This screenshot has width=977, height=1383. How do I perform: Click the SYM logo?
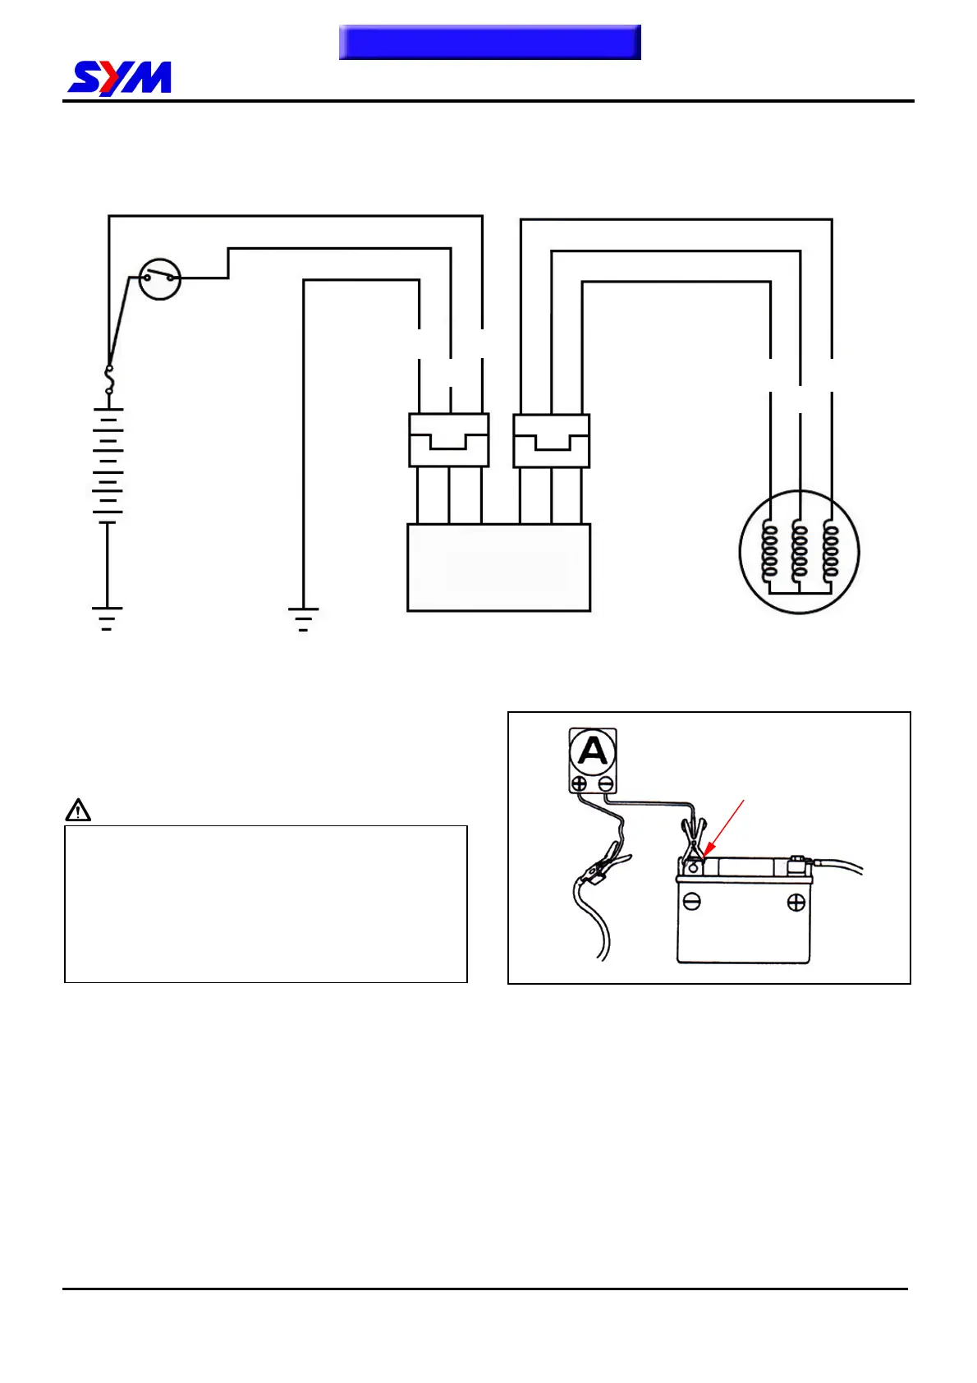pos(120,79)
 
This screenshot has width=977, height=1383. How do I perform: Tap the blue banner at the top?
pos(489,42)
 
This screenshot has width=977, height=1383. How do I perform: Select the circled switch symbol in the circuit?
pos(159,279)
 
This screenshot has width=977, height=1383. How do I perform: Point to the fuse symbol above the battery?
pos(109,380)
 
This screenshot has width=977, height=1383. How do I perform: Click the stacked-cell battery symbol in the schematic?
pos(108,465)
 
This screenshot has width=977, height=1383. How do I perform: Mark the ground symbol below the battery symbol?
pos(107,618)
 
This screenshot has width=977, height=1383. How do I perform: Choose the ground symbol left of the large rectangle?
pos(303,618)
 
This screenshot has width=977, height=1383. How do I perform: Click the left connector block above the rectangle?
pos(449,440)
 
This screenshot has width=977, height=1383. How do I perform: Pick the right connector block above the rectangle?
pos(551,441)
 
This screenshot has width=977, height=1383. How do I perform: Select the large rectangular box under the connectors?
pos(498,567)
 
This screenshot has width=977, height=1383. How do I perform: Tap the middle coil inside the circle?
pos(799,551)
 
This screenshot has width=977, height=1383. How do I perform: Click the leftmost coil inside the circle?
pos(769,551)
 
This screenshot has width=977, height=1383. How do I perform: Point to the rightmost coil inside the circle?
pos(831,551)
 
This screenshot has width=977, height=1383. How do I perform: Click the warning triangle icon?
pos(78,811)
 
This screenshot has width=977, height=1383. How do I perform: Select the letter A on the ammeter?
pos(593,751)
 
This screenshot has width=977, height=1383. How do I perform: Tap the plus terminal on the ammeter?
pos(579,783)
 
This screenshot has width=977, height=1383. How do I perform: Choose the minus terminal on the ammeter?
pos(606,783)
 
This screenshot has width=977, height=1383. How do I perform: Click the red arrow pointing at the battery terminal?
pos(722,830)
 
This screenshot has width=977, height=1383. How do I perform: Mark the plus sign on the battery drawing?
pos(796,903)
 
